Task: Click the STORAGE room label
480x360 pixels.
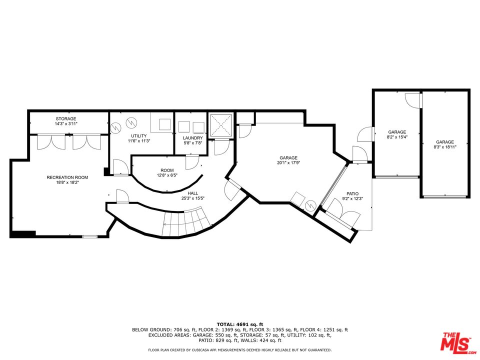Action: click(x=66, y=118)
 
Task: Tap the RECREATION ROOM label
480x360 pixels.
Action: click(x=67, y=177)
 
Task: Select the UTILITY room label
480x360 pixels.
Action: click(x=139, y=136)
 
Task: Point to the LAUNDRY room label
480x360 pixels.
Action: click(x=192, y=137)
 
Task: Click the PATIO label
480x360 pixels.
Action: click(x=352, y=193)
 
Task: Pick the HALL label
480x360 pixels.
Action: click(x=192, y=192)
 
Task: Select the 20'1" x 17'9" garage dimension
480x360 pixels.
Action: click(x=288, y=162)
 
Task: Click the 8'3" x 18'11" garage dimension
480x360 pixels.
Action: click(x=444, y=147)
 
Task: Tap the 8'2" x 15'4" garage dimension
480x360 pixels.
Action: click(x=396, y=137)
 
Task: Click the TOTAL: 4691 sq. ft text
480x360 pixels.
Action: click(x=239, y=324)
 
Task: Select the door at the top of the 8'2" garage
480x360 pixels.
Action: click(x=414, y=99)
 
